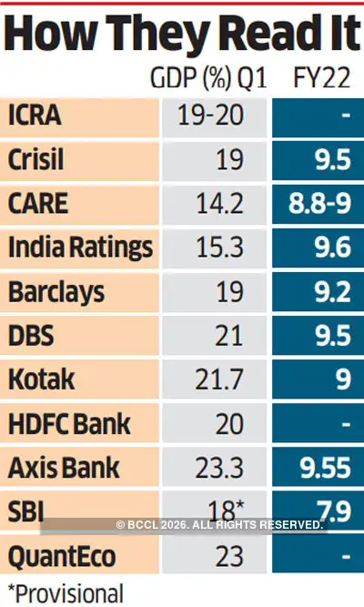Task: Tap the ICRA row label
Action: click(x=37, y=118)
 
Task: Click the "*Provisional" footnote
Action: click(x=64, y=592)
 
